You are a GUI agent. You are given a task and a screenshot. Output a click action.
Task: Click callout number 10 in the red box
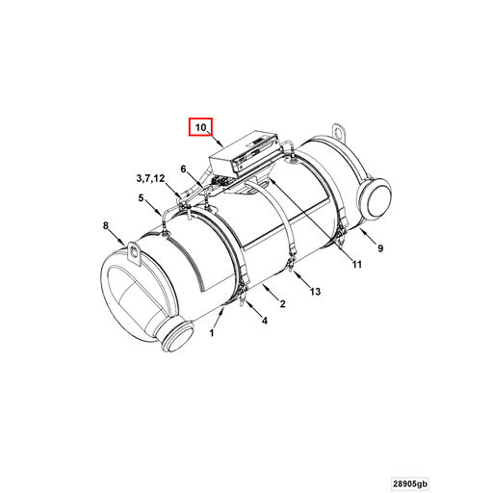pos(200,127)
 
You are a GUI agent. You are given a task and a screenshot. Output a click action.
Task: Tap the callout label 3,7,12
pos(150,178)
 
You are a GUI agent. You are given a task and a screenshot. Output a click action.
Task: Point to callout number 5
pos(141,198)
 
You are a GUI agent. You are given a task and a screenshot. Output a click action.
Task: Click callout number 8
pos(106,226)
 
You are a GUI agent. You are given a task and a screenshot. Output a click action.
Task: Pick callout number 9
pos(379,248)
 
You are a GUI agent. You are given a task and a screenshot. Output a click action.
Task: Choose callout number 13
pos(315,290)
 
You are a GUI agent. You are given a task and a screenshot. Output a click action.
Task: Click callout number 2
pos(282,304)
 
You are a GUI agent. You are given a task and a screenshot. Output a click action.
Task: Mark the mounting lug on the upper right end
pos(337,131)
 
